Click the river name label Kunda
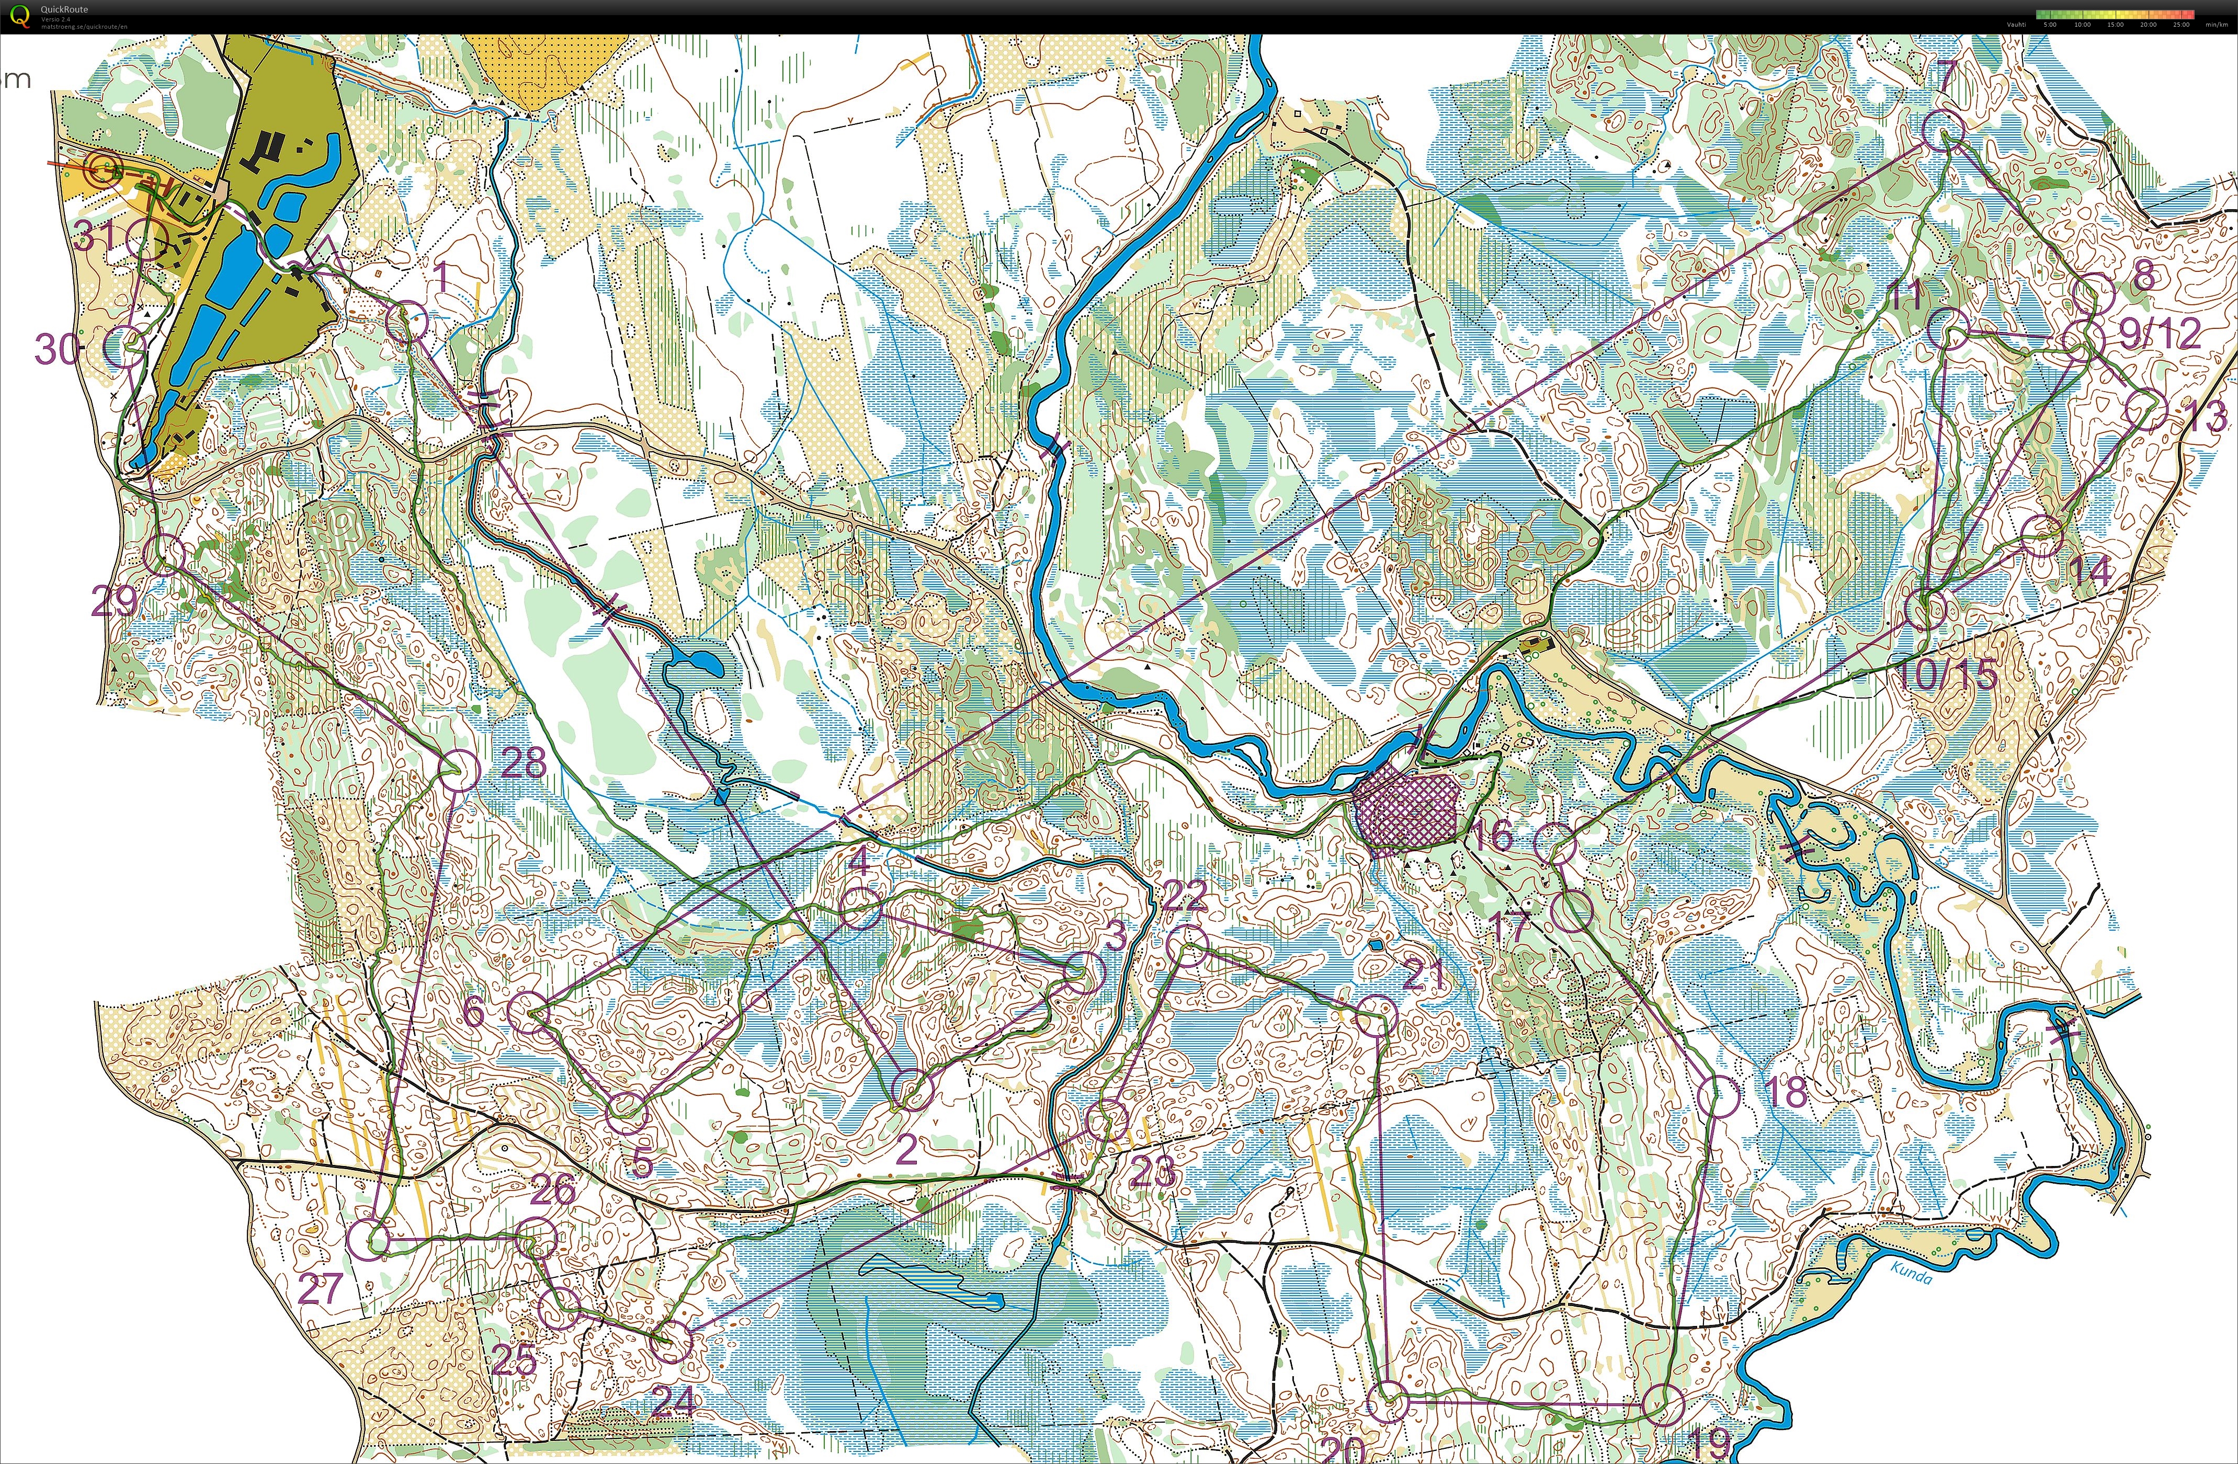1911,1276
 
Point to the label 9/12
2160,334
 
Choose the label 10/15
1947,674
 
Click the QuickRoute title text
64,9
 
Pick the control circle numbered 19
1663,1405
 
